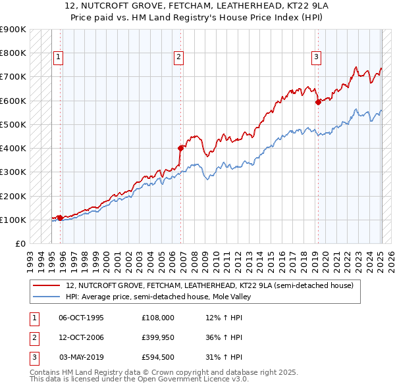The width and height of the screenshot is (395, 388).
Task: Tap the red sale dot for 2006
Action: pyautogui.click(x=180, y=148)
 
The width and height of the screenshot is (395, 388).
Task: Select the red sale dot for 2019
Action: pyautogui.click(x=318, y=102)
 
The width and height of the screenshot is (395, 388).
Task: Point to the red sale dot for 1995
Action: pyautogui.click(x=60, y=218)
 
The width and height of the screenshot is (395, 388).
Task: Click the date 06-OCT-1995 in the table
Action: pyautogui.click(x=82, y=317)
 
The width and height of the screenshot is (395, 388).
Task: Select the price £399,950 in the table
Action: pyautogui.click(x=158, y=337)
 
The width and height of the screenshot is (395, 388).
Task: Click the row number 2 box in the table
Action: pyautogui.click(x=34, y=337)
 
